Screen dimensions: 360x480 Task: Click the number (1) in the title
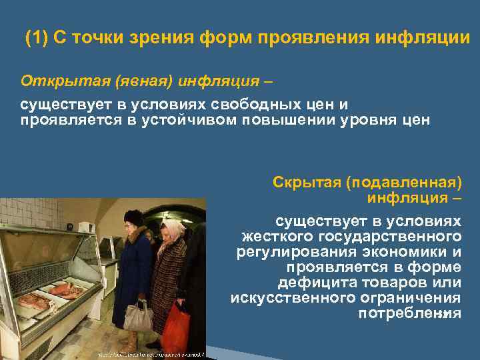pos(37,37)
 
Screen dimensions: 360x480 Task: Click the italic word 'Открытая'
pos(56,81)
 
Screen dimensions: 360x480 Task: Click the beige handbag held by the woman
pos(138,316)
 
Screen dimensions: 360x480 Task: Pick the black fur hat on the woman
pos(134,217)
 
